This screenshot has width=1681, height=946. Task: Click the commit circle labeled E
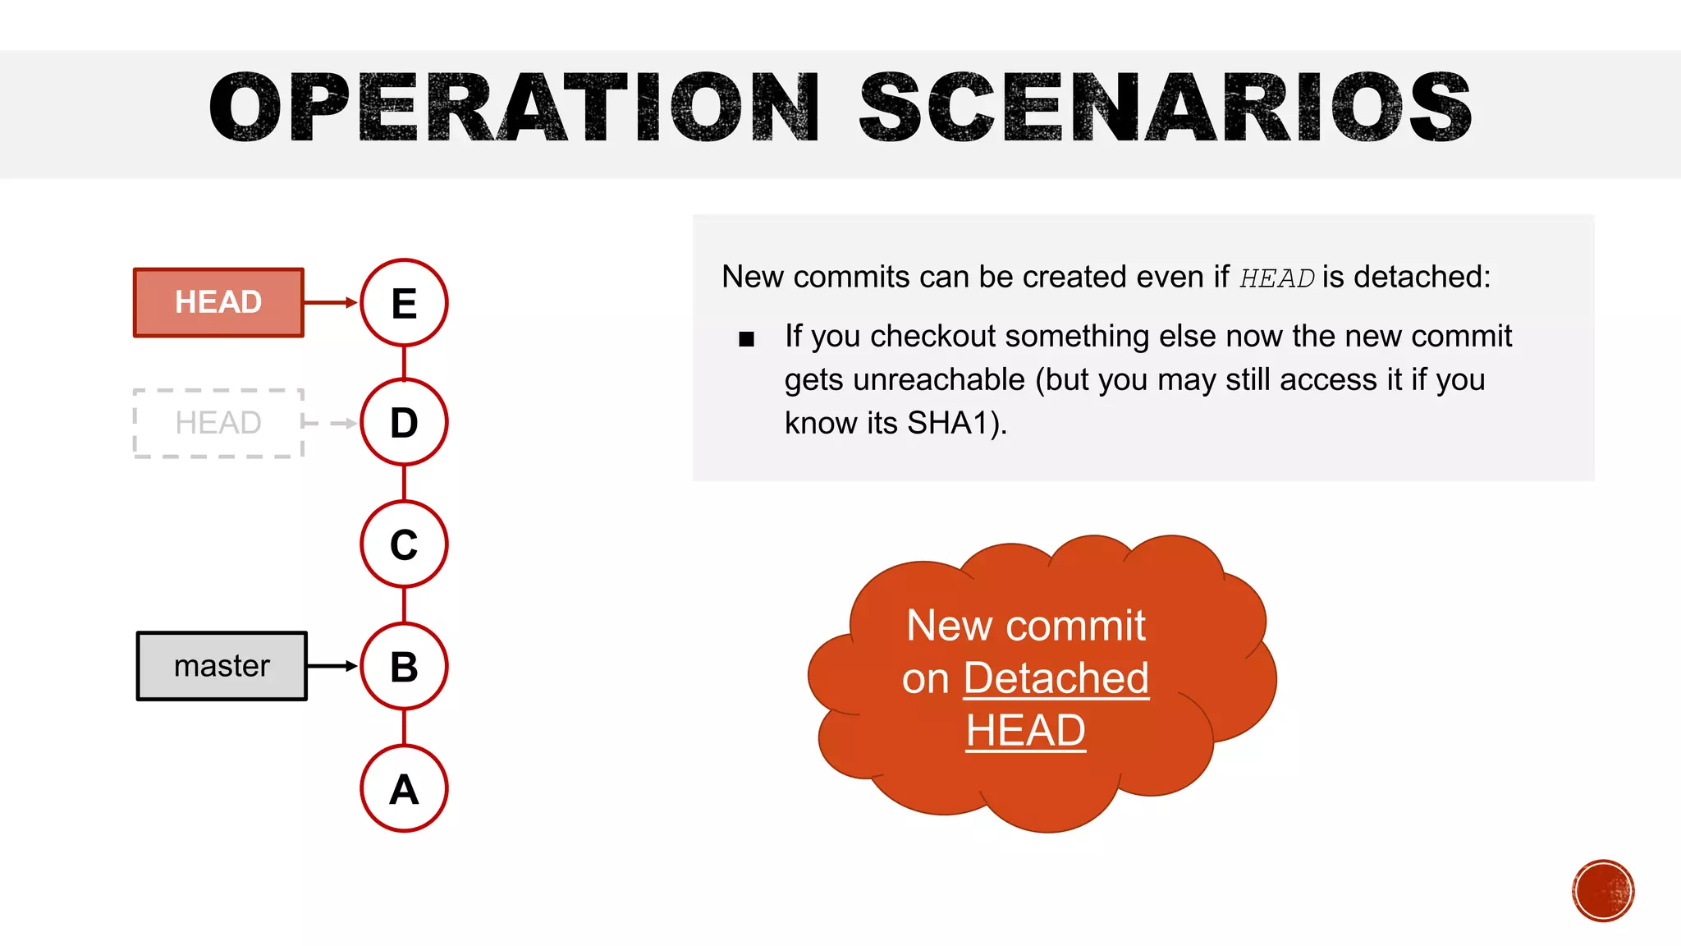[x=404, y=302]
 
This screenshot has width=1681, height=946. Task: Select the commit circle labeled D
[x=404, y=423]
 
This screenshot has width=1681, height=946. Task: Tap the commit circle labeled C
[x=404, y=544]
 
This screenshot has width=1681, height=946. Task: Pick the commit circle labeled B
[x=404, y=666]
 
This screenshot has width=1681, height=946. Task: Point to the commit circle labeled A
[x=404, y=788]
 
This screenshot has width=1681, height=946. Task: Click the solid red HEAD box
[x=218, y=302]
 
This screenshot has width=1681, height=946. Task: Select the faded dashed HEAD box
[x=218, y=423]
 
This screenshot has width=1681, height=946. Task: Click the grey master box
[x=222, y=666]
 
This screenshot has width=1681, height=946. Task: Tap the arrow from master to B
[x=332, y=666]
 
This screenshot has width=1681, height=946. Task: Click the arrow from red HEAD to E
[x=331, y=302]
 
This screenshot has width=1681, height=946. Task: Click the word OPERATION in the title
[x=514, y=108]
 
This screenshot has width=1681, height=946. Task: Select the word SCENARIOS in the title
[x=1165, y=108]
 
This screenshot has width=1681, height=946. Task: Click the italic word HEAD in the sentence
[x=1276, y=278]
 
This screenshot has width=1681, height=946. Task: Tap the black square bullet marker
[x=746, y=339]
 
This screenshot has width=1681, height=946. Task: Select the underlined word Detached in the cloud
[x=1056, y=678]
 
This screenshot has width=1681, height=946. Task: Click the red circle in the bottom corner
[x=1603, y=891]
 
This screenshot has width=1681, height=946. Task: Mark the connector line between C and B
[x=404, y=605]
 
